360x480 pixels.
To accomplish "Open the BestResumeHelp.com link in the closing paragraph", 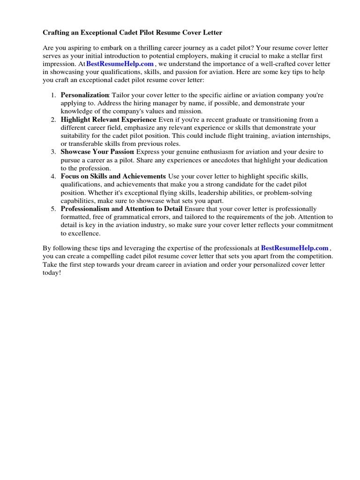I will coord(295,248).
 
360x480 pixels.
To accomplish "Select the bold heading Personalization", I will coord(85,95).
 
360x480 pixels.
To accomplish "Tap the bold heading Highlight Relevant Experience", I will coord(108,120).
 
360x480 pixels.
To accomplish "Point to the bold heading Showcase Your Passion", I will coord(97,152).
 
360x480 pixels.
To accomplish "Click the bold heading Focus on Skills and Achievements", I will coord(113,176).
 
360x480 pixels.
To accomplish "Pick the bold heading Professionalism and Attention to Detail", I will coord(121,209).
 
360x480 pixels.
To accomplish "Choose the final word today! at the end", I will coord(52,272).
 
